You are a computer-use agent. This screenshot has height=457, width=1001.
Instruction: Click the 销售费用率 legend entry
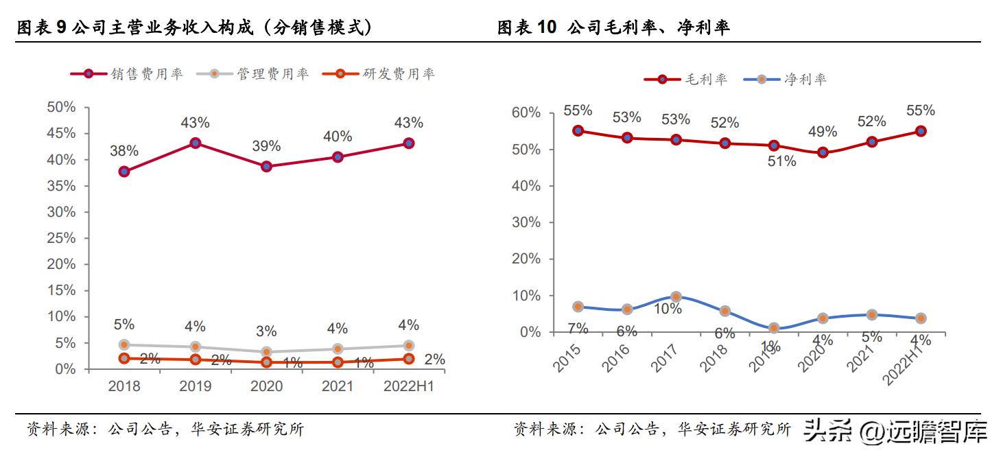point(128,74)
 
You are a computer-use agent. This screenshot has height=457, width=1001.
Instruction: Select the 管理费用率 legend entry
point(253,74)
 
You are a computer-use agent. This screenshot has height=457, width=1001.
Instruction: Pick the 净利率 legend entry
point(786,79)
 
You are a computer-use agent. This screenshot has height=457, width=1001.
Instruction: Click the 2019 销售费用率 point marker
point(196,143)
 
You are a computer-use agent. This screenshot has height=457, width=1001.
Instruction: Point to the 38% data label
point(124,150)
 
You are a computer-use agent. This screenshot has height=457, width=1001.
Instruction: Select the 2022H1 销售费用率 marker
point(408,143)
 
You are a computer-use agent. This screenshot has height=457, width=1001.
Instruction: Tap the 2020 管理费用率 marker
point(266,352)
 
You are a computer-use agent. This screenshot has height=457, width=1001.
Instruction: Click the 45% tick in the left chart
point(61,134)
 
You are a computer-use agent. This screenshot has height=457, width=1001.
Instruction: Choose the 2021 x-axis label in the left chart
point(338,386)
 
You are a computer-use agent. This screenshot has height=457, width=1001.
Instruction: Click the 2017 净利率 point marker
point(676,296)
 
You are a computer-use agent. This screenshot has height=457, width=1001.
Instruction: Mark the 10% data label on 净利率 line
point(667,309)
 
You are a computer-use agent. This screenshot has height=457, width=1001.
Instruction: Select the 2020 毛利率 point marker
point(823,152)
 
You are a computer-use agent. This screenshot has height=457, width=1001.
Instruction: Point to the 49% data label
point(822,132)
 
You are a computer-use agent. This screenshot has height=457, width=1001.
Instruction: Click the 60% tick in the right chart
point(526,113)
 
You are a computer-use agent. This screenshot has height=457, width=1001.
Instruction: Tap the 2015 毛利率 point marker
point(578,130)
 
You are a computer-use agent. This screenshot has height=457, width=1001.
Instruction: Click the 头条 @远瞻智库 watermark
point(895,432)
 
